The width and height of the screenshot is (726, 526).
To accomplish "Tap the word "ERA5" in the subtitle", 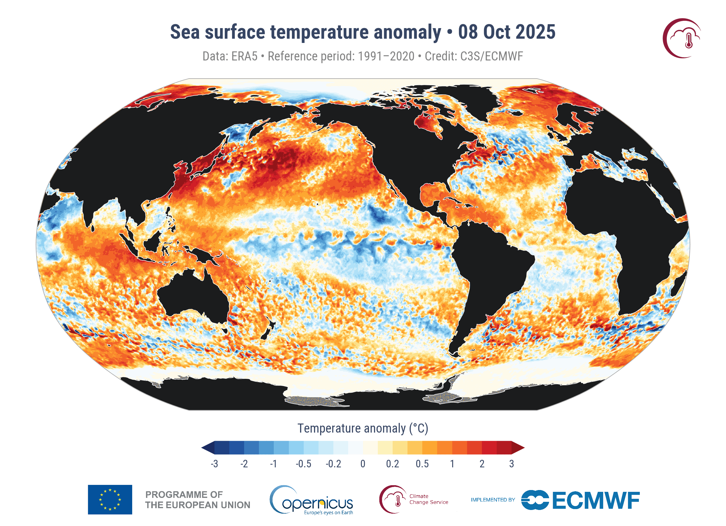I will click(244, 56).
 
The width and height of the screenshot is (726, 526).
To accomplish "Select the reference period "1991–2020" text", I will click(386, 56).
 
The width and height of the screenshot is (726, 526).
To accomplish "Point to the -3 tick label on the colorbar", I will click(214, 464).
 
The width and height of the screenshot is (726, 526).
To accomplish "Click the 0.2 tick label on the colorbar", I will click(392, 464).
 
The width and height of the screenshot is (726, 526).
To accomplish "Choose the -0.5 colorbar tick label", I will click(303, 464).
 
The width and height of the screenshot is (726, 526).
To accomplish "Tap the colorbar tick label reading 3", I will click(512, 464).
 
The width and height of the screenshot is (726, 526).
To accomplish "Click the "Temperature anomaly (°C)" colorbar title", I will click(363, 428).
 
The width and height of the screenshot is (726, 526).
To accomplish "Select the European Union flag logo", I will click(110, 499).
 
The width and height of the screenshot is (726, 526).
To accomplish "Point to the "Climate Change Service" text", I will click(428, 499).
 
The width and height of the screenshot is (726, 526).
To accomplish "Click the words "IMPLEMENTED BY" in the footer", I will click(493, 500).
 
